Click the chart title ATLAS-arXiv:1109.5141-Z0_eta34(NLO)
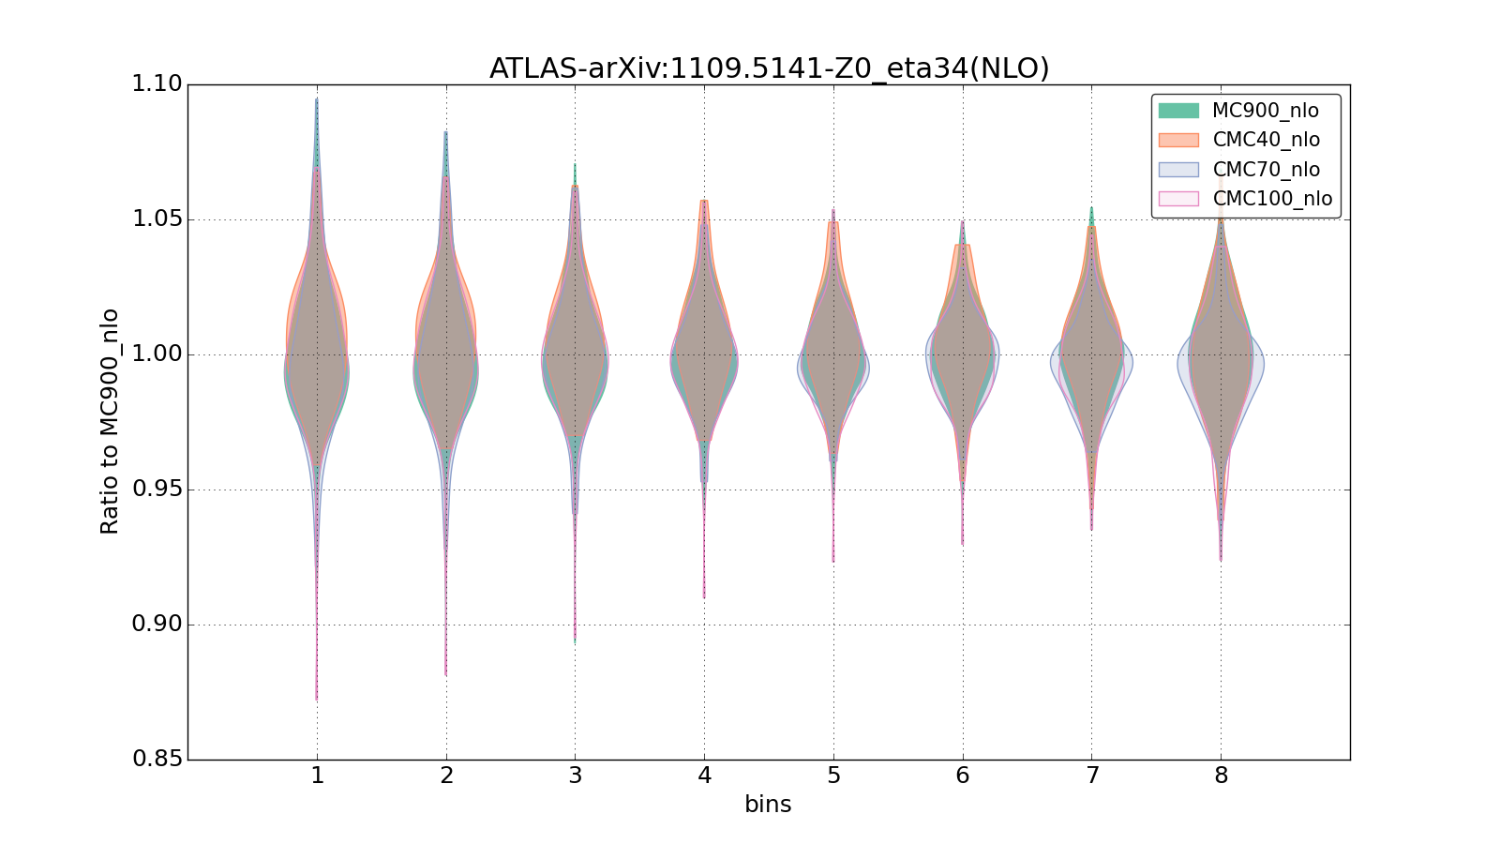(x=769, y=68)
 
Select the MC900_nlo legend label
(x=1265, y=111)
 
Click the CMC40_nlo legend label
(x=1266, y=140)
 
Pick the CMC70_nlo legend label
(x=1266, y=170)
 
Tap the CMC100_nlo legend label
(x=1271, y=199)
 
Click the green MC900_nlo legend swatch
(x=1178, y=111)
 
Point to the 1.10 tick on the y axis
(x=157, y=84)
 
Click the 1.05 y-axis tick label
(x=157, y=219)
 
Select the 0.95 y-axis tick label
(x=157, y=490)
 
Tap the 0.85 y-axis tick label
(x=157, y=759)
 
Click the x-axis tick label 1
(x=317, y=776)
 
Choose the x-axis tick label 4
(x=704, y=776)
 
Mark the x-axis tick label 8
(x=1221, y=776)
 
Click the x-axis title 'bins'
(x=768, y=805)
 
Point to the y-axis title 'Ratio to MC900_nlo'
(x=110, y=421)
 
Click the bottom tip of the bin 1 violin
(x=317, y=699)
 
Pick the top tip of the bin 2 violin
(x=445, y=133)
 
